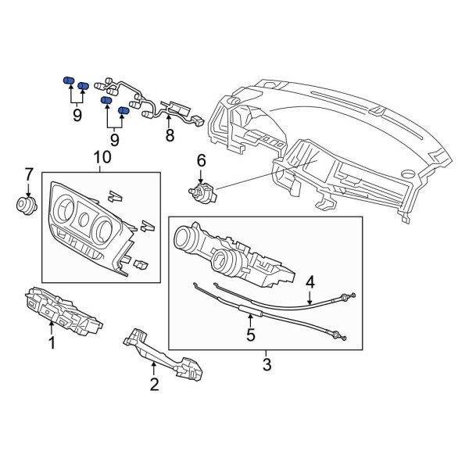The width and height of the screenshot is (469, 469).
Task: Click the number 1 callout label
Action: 52,342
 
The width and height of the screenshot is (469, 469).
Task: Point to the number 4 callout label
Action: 310,281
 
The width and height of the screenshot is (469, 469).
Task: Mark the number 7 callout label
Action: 29,174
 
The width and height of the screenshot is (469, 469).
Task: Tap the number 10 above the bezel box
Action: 102,158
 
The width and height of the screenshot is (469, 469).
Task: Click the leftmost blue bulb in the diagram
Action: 66,81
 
